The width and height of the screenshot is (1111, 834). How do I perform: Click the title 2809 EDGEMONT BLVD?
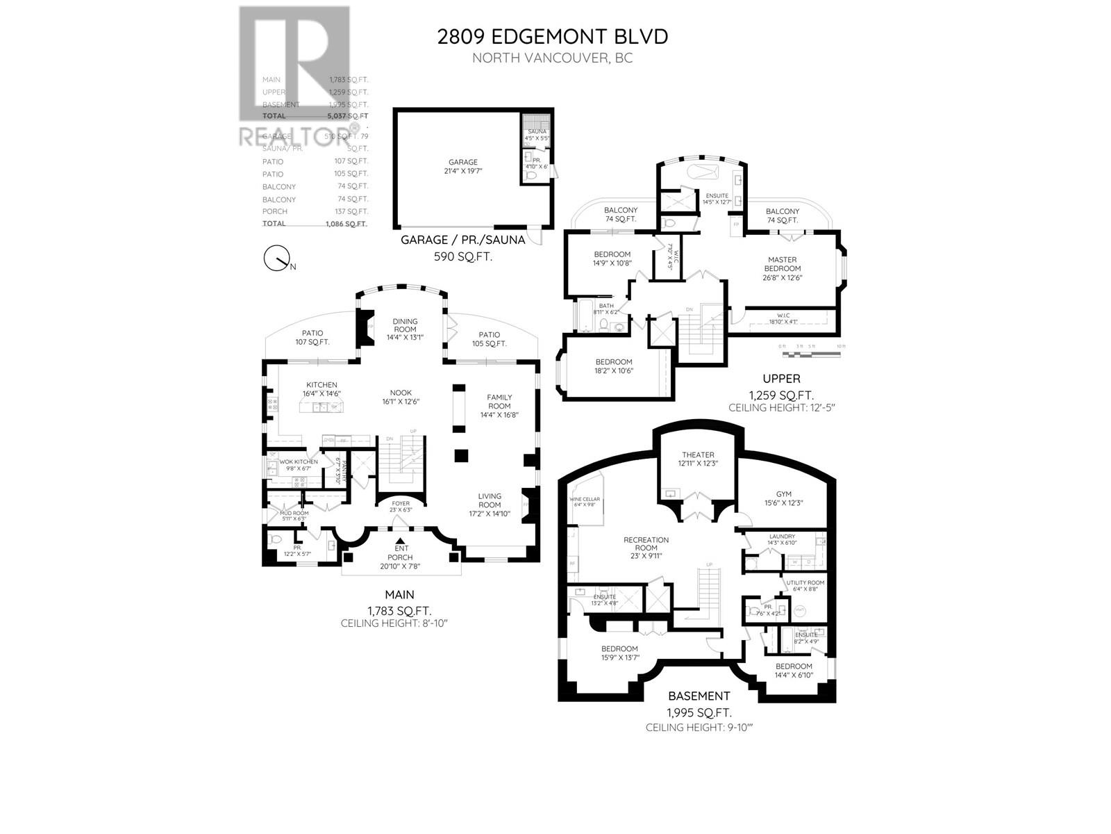click(552, 36)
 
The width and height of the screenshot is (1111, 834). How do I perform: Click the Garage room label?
click(462, 162)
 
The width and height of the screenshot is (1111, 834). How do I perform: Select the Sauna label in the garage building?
click(537, 131)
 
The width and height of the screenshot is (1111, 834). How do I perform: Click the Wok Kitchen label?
click(299, 462)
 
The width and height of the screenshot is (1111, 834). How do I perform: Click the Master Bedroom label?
click(783, 264)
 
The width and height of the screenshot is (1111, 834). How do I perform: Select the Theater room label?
click(697, 455)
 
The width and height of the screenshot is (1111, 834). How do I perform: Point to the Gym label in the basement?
click(783, 494)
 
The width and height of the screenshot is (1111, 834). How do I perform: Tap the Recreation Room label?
click(646, 540)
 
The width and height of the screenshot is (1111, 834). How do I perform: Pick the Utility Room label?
click(805, 583)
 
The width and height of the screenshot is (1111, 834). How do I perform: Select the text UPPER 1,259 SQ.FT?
click(781, 387)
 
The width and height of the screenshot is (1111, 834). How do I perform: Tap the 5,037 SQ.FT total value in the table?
click(349, 116)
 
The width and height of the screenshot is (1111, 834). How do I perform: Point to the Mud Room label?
click(294, 514)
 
